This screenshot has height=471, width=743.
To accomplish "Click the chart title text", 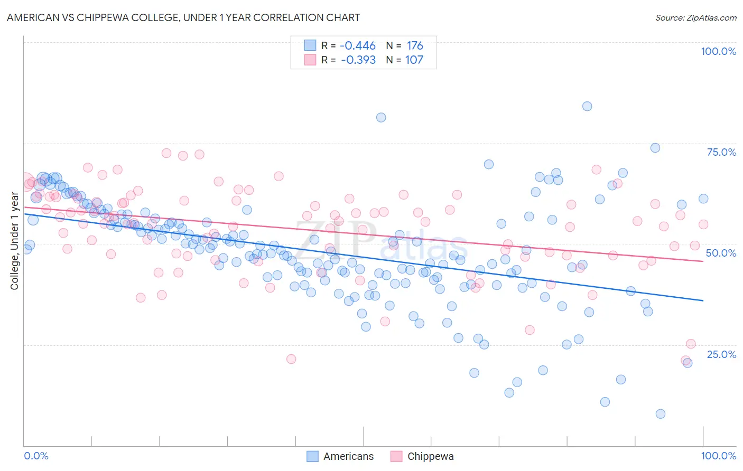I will tap(183, 17).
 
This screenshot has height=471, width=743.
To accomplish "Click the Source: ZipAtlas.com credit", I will tap(695, 17).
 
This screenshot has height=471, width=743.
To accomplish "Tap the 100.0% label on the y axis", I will tap(718, 51).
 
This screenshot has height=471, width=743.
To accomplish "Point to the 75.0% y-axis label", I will tap(721, 152).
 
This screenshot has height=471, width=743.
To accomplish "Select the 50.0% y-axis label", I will tap(721, 253).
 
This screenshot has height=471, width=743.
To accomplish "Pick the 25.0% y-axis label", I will tap(721, 354).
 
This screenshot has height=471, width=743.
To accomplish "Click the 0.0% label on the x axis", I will tap(36, 456).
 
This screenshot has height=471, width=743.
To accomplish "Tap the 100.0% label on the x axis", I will tap(718, 456).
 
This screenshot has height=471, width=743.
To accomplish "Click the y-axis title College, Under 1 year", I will tap(15, 241).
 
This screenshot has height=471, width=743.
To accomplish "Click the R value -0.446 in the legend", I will tap(358, 46).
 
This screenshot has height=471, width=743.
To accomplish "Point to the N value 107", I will tap(414, 60).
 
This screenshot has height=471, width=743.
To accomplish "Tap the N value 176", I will tap(414, 46).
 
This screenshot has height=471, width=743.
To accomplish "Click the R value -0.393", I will tap(358, 60).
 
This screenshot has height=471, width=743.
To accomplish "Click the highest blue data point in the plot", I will tap(587, 106).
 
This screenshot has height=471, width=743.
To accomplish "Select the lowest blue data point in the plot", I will tap(660, 413).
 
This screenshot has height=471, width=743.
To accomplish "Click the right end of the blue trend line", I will tap(703, 300).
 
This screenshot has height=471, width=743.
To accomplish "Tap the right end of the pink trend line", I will tap(703, 261).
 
